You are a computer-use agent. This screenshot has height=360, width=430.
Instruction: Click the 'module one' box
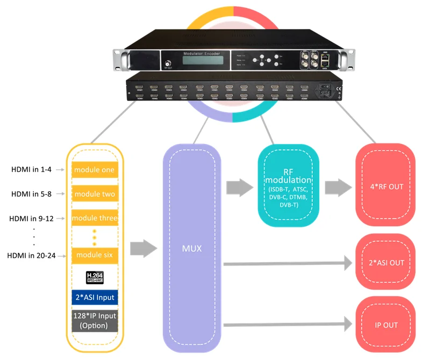point(94,170)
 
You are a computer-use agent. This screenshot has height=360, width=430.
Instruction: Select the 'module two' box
point(94,194)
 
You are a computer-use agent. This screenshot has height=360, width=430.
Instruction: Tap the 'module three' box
point(94,218)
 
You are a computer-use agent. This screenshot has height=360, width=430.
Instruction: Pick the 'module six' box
point(94,254)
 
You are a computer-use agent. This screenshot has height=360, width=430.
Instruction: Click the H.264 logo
point(94,277)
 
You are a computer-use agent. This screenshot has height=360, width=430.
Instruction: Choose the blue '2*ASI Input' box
point(94,297)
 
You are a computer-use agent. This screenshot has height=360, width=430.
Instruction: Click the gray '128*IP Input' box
point(94,321)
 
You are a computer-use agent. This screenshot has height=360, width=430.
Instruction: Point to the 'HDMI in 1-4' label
point(32,170)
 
